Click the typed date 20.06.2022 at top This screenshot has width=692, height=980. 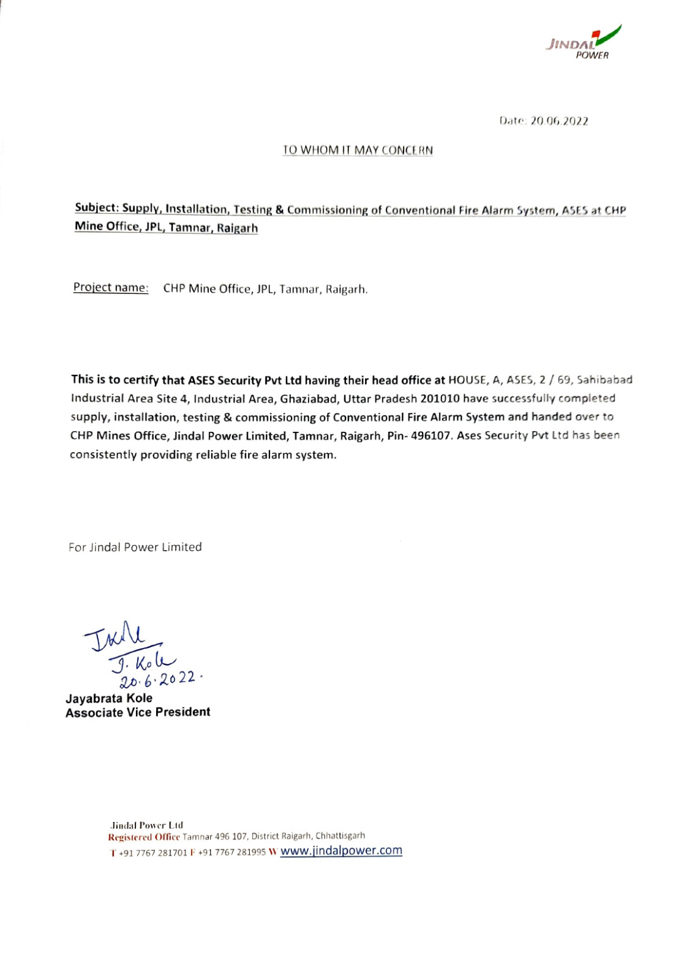click(559, 121)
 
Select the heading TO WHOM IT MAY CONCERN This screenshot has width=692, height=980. click(358, 150)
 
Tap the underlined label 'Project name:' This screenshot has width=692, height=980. click(111, 287)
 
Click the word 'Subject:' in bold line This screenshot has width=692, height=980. click(97, 208)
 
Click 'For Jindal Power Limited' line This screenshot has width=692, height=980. click(135, 547)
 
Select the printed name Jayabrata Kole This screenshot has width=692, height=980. click(109, 698)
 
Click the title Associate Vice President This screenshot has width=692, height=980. click(138, 712)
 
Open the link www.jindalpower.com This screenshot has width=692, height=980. click(341, 851)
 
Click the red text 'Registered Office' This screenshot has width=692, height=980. click(144, 837)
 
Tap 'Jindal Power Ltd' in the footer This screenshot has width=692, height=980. click(146, 825)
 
